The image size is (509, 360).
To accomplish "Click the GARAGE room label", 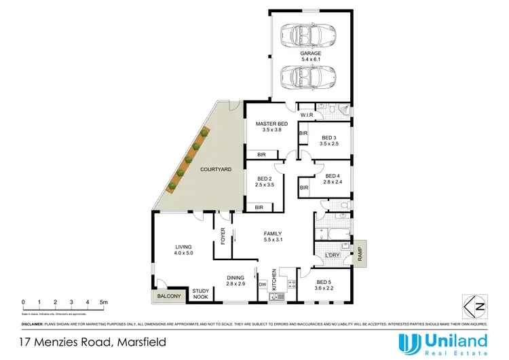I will (x=312, y=53).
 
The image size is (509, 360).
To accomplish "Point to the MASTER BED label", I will (x=271, y=124).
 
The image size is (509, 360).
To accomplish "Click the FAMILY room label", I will (x=274, y=233).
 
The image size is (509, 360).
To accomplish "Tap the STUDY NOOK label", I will (x=202, y=293).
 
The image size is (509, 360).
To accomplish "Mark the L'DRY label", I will (x=333, y=255).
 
